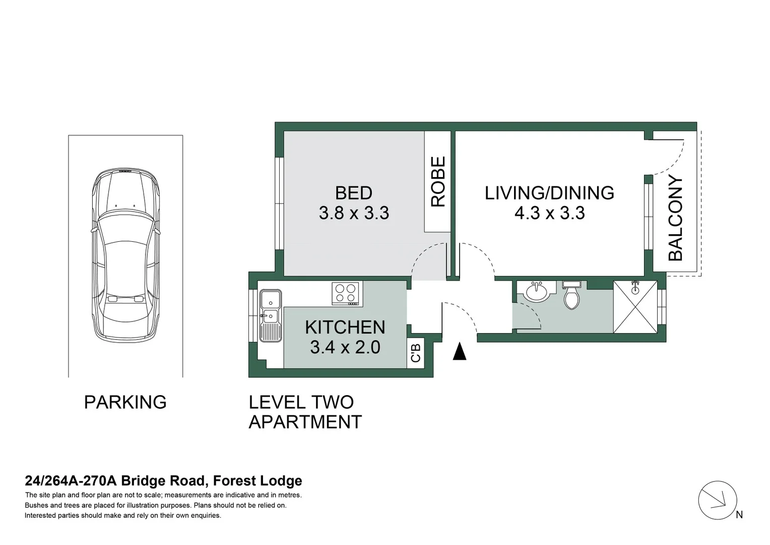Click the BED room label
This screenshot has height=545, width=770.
point(353,193)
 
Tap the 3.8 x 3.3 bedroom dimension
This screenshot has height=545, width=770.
point(354,213)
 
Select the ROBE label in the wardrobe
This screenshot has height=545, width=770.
point(438,182)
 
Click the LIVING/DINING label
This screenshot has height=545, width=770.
point(549,193)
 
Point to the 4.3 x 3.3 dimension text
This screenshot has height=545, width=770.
point(549,213)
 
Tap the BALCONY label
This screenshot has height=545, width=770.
point(675,218)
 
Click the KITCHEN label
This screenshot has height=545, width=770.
point(345,328)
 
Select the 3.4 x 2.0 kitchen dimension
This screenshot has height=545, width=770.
point(345,348)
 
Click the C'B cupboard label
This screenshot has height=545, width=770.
point(416,353)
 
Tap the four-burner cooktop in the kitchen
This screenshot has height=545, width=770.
point(346,293)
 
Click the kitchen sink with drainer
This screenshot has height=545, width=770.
point(270,315)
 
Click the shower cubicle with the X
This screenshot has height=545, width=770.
point(635,307)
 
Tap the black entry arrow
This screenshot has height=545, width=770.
point(459,352)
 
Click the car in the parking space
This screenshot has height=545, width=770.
point(125,255)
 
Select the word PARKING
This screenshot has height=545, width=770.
point(125,402)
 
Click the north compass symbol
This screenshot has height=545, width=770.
point(718,501)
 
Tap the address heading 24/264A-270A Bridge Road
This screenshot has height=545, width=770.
point(163,481)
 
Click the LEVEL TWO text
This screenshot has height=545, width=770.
point(301,402)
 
